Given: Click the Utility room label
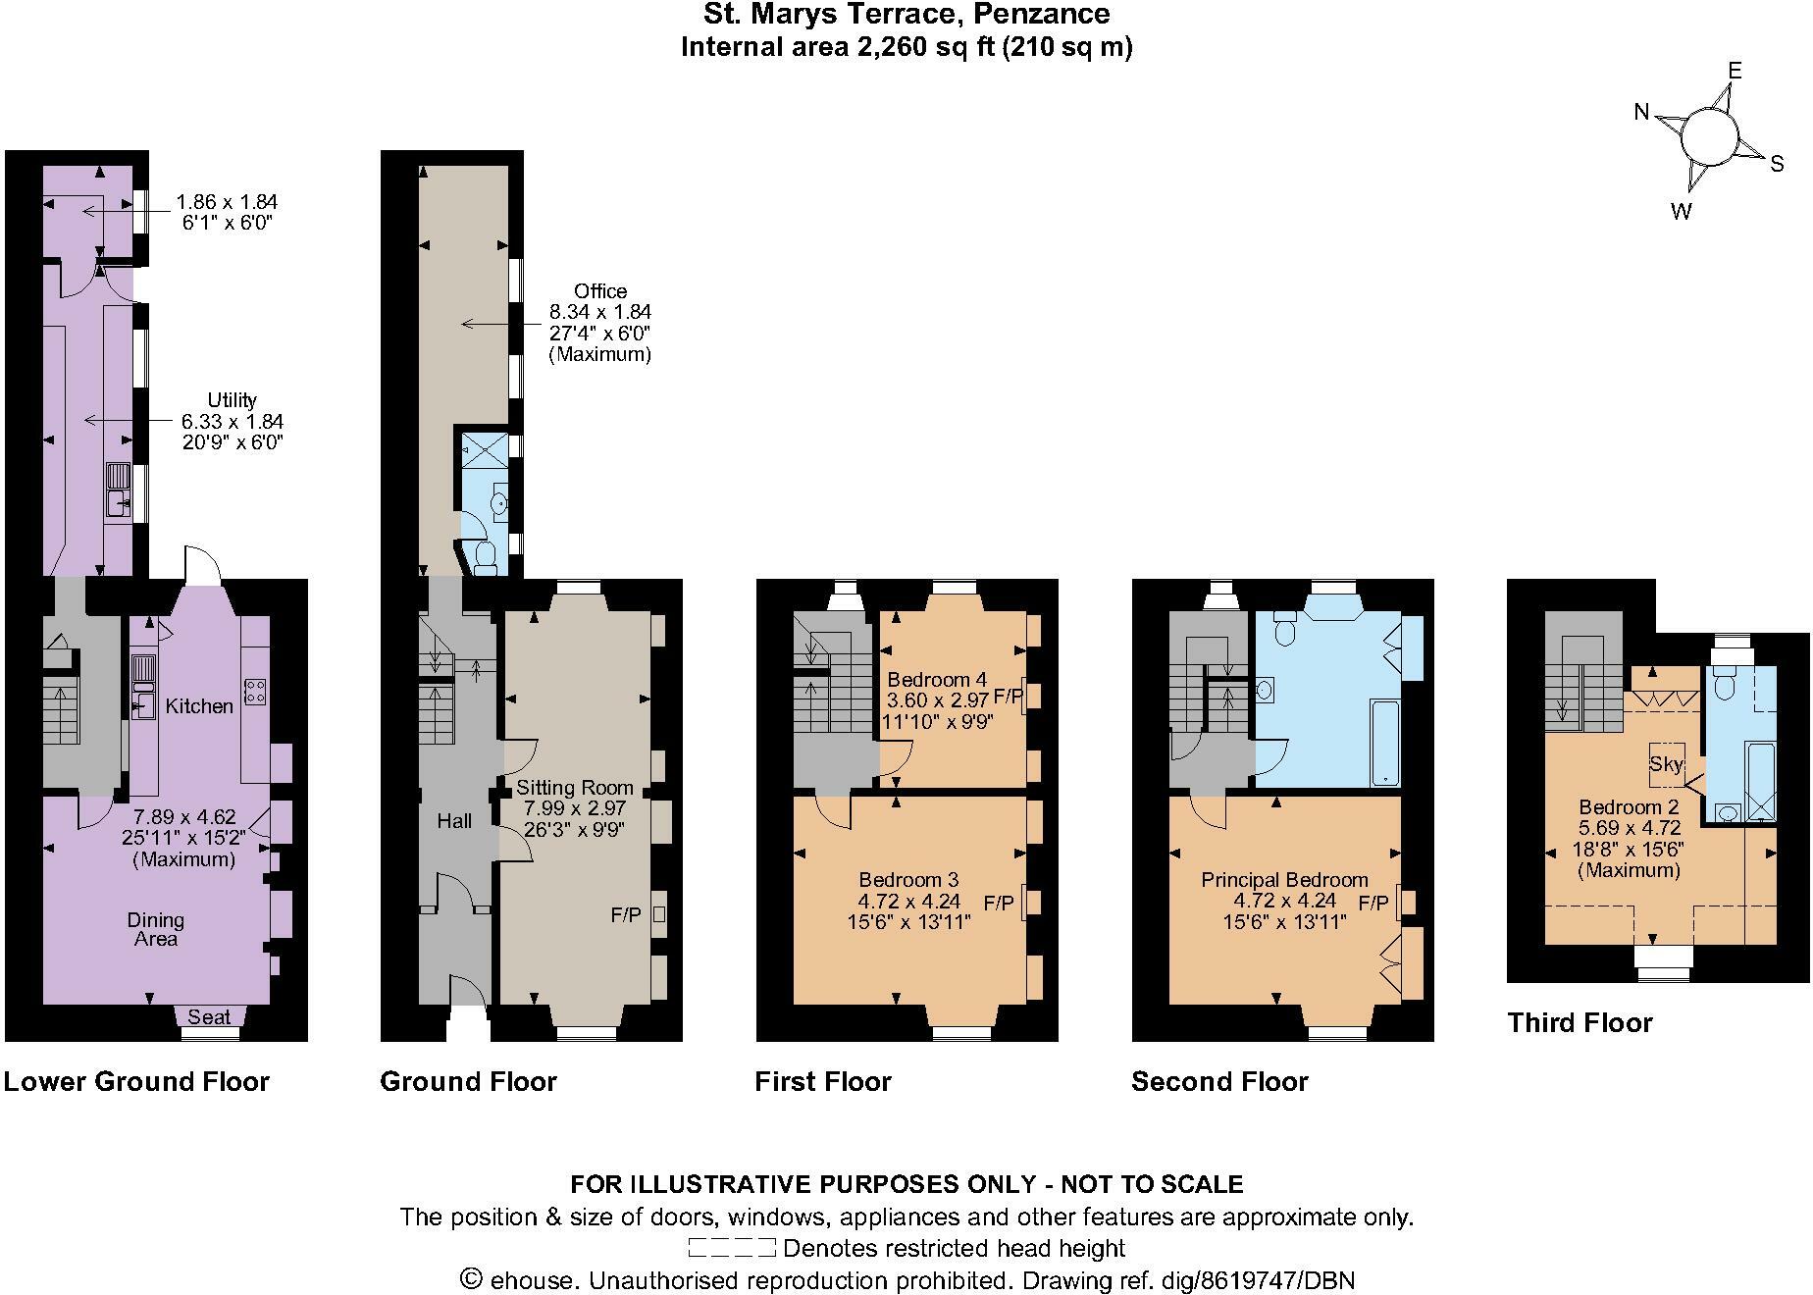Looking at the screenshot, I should tap(232, 400).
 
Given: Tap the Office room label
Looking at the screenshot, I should tap(600, 291).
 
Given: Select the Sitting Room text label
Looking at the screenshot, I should tap(574, 788).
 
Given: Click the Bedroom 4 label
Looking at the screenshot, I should tap(936, 680).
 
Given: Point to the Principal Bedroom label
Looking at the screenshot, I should tap(1284, 880).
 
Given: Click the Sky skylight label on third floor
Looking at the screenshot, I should tap(1666, 763).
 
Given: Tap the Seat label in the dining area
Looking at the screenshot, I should tap(209, 1017).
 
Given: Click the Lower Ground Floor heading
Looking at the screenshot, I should tap(136, 1082).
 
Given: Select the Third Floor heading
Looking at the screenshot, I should tap(1580, 1023).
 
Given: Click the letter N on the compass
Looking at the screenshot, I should tap(1641, 112).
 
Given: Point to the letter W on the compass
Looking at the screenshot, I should tap(1681, 211).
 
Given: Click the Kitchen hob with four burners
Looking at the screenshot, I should tap(256, 691).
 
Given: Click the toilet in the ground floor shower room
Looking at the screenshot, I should tap(484, 558).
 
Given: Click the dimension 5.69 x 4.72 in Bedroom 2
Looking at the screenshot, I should tap(1629, 828).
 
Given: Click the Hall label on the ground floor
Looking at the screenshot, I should tap(454, 821).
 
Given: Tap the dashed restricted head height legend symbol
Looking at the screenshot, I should tap(731, 1248).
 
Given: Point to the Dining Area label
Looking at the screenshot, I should tap(155, 929).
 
